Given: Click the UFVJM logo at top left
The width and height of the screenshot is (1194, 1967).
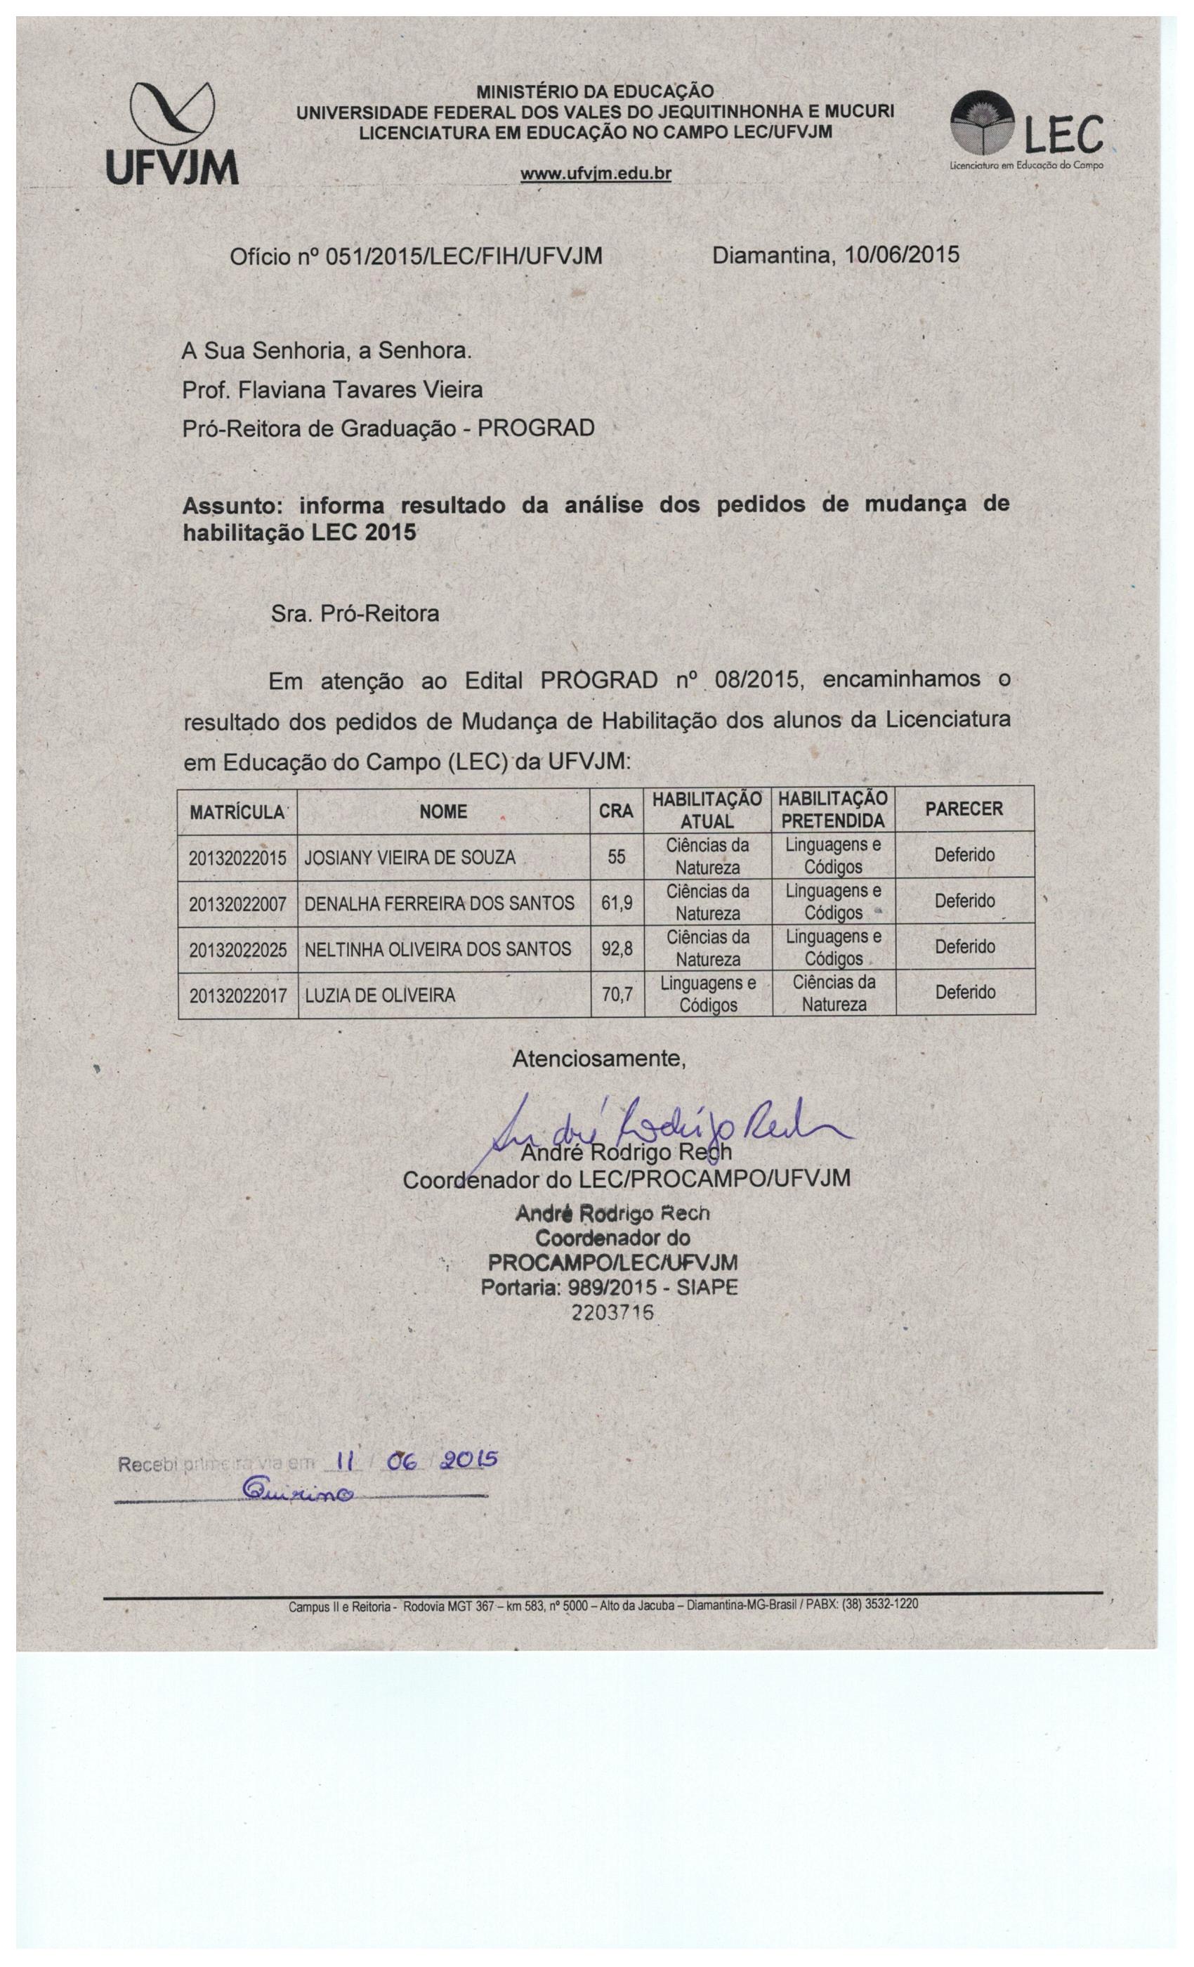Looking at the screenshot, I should click(x=172, y=133).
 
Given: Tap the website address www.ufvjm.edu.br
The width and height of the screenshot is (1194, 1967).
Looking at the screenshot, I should click(x=596, y=174).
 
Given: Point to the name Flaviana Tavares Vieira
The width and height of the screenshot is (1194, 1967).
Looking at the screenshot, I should click(x=362, y=390).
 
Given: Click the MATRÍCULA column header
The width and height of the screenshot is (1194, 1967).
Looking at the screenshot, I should click(x=237, y=813).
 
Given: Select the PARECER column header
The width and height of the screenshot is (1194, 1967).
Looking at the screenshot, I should click(x=964, y=809).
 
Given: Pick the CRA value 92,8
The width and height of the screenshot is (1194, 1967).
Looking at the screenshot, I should click(x=616, y=949).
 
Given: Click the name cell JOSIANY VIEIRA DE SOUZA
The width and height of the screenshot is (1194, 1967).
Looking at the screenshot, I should click(x=410, y=858).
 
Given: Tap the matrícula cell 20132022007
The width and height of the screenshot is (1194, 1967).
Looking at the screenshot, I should click(x=237, y=903).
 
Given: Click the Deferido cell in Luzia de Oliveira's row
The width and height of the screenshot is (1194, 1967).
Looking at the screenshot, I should click(x=964, y=992).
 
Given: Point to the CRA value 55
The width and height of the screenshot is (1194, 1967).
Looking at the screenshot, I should click(x=616, y=857).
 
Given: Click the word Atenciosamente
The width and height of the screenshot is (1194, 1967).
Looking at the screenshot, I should click(x=598, y=1059).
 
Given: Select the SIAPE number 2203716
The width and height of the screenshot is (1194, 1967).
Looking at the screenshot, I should click(x=613, y=1312).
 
